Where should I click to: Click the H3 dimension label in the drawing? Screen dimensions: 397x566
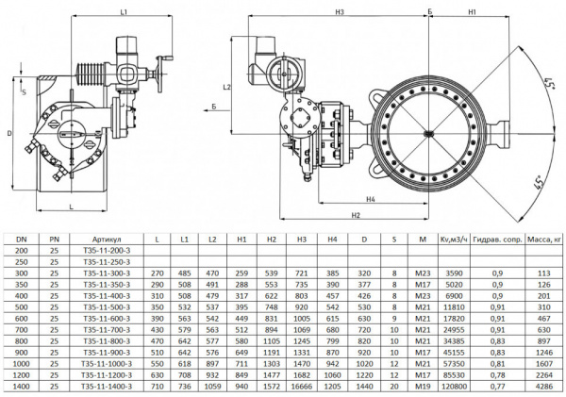pyautogui.click(x=338, y=12)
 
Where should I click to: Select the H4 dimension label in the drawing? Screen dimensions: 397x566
pyautogui.click(x=372, y=199)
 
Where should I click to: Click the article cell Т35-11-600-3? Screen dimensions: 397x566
pyautogui.click(x=106, y=318)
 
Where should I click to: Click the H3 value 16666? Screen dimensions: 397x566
pyautogui.click(x=301, y=385)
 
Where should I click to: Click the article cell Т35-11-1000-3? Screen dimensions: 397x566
pyautogui.click(x=106, y=362)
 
